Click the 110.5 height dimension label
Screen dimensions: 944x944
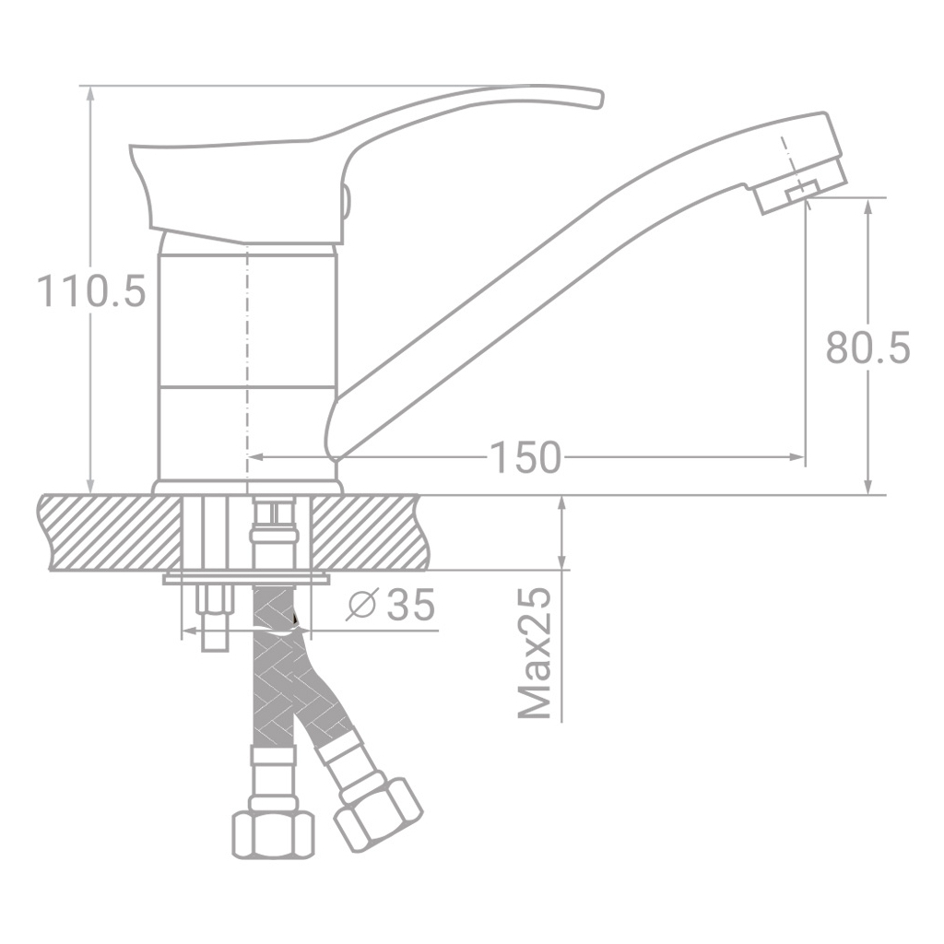(91, 291)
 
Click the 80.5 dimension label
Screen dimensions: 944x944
(867, 349)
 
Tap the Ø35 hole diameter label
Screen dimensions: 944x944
(391, 606)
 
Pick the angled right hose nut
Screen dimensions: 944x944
(378, 811)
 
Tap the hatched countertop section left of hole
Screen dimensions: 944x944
(111, 532)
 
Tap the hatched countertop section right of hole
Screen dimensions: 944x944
(369, 532)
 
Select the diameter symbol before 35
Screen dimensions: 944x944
(362, 606)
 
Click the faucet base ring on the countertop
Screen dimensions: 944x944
(246, 487)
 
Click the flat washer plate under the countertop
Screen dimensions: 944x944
(246, 579)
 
